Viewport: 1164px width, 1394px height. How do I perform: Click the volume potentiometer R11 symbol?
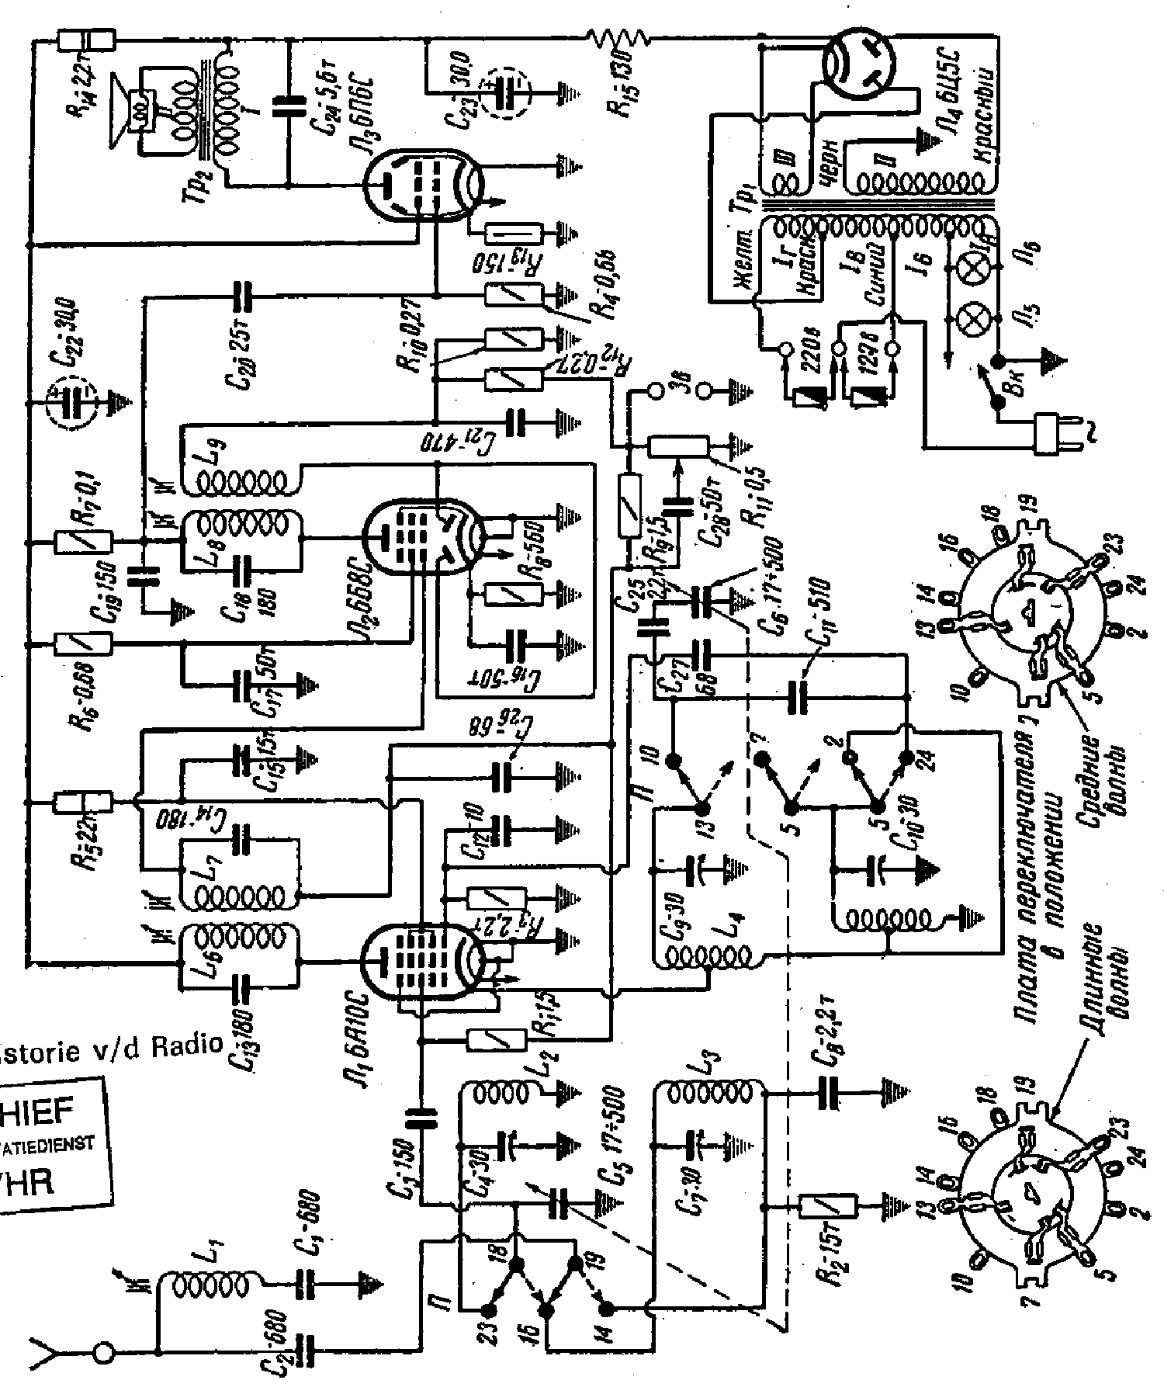pos(679,446)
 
